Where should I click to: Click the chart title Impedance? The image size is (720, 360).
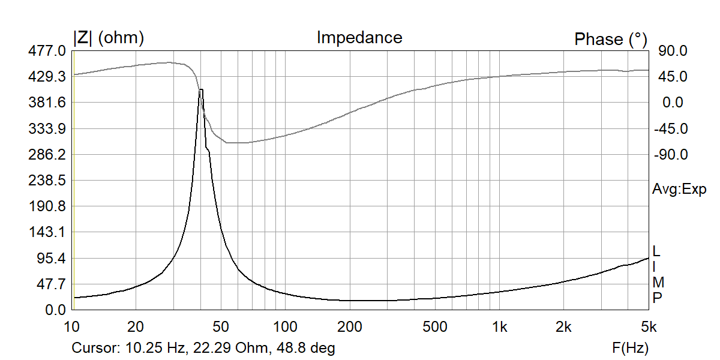[x=359, y=38]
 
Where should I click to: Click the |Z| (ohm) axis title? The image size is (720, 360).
[x=109, y=38]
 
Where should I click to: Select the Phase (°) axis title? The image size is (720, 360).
[x=611, y=40]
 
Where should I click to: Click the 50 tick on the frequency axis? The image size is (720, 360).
[x=221, y=326]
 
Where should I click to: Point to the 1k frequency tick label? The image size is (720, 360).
[x=499, y=326]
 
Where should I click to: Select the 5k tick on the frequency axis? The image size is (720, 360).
[x=647, y=326]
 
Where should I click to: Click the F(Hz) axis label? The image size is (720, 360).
[x=630, y=347]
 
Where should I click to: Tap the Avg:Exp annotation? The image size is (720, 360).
[x=679, y=190]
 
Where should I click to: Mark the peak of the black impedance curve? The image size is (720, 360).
[x=201, y=89]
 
